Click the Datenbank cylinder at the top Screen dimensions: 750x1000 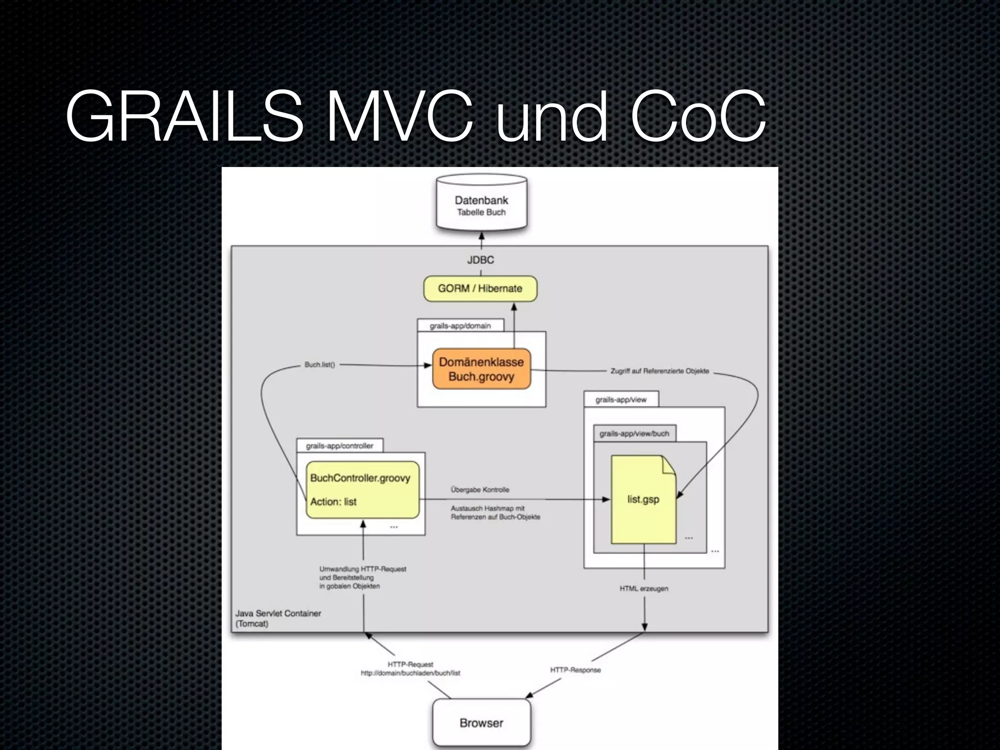[x=481, y=205]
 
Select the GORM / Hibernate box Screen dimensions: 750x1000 [x=480, y=289]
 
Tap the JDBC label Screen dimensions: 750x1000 [x=480, y=260]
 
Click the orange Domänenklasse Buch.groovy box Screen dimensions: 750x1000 [x=481, y=369]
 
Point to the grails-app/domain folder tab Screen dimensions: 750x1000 [x=460, y=326]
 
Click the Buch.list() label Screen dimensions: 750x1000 [x=320, y=365]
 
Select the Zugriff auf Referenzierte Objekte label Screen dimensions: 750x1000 [x=659, y=371]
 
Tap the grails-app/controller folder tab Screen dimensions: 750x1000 [x=339, y=446]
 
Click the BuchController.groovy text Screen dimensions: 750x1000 [x=360, y=478]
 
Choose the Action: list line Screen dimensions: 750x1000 [x=333, y=502]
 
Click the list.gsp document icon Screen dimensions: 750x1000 [x=643, y=500]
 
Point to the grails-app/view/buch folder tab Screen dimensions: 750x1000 [x=634, y=434]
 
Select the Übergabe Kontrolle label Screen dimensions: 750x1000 [x=480, y=490]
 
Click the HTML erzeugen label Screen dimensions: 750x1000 [x=644, y=589]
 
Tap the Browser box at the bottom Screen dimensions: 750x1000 [x=481, y=723]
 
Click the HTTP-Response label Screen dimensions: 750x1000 [x=575, y=670]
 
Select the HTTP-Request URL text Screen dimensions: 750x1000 [x=410, y=673]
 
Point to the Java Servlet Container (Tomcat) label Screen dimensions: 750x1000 [x=278, y=618]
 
